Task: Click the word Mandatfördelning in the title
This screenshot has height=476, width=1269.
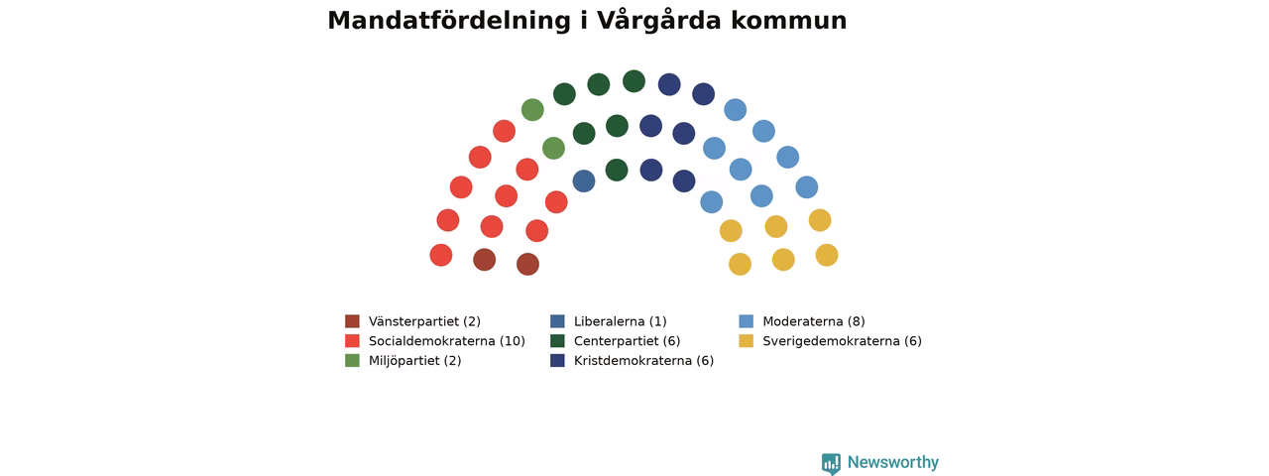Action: [449, 21]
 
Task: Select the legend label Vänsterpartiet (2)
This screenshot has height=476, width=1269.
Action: [424, 321]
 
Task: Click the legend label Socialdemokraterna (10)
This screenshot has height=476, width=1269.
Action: [447, 341]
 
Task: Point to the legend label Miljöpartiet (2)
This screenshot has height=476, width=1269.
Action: [414, 360]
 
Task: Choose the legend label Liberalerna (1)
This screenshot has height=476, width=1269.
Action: [621, 321]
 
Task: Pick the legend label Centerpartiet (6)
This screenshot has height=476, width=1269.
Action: [628, 341]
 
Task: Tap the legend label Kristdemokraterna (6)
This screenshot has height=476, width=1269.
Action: [643, 360]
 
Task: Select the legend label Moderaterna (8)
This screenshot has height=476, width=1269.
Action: [814, 321]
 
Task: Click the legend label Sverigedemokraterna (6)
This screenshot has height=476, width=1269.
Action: [842, 341]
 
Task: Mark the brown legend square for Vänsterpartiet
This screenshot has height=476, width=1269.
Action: [352, 321]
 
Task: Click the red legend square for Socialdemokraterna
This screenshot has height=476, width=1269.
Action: [352, 341]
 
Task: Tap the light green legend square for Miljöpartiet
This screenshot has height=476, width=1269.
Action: [352, 360]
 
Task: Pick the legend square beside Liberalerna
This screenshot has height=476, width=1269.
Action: [557, 321]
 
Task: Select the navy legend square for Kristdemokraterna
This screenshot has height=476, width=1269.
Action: [557, 360]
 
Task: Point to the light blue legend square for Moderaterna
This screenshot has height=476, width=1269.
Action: [747, 321]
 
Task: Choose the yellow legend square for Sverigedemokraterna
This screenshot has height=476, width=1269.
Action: [747, 341]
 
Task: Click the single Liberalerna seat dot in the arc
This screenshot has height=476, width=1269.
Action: [584, 181]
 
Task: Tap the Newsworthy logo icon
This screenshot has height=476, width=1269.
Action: [831, 463]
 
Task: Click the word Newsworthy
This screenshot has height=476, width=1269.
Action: [893, 462]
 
